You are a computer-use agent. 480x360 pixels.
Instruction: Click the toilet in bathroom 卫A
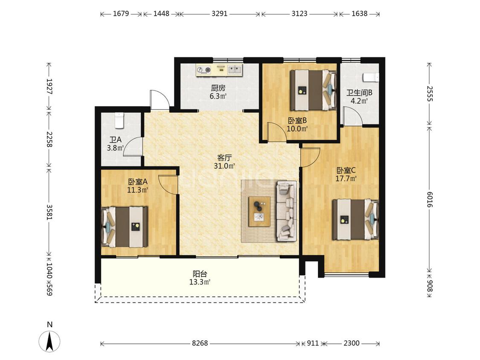[x=119, y=120]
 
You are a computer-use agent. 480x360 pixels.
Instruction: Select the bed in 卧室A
[x=125, y=227]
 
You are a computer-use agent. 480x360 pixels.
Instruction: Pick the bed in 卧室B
[x=313, y=90]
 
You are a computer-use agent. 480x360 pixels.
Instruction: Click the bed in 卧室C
[x=355, y=220]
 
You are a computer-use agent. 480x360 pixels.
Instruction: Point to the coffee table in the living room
[x=259, y=212]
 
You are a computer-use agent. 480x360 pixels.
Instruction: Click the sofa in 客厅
[x=287, y=211]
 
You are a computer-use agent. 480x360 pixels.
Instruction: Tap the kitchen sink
[x=235, y=70]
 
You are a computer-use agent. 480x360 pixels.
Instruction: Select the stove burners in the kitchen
[x=204, y=70]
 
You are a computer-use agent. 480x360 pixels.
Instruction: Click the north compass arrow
[x=49, y=341]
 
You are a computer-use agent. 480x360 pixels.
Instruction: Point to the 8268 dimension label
[x=200, y=343]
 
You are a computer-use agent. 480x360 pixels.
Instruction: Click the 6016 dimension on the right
[x=430, y=199]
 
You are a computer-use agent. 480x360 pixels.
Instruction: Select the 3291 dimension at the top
[x=219, y=14]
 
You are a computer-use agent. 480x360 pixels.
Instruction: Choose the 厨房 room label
[x=218, y=88]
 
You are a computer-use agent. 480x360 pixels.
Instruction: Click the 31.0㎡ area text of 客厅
[x=224, y=166]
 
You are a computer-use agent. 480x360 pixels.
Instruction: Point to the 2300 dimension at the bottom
[x=351, y=343]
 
